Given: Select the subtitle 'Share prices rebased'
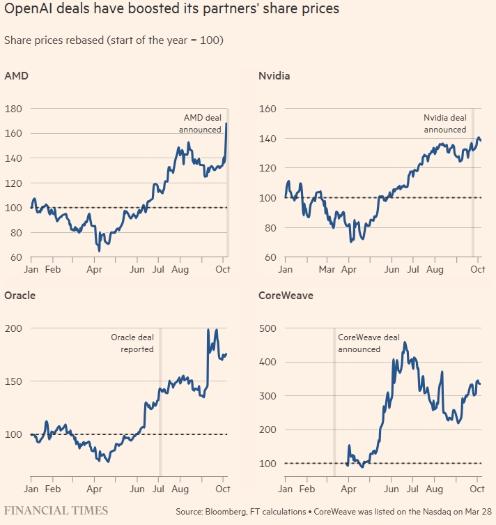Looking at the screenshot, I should [114, 40].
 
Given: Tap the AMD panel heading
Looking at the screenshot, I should [15, 76].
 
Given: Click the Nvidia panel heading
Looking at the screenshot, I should [274, 76].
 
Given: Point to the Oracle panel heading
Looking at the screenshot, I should [20, 295].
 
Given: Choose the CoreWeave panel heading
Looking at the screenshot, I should [286, 295].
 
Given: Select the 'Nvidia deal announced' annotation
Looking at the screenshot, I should [445, 123].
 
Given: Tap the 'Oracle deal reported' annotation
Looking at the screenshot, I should [132, 343].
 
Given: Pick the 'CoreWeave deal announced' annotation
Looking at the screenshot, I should [369, 343].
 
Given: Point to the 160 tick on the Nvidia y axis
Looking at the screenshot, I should [268, 109].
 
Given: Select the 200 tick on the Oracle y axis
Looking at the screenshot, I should [13, 328].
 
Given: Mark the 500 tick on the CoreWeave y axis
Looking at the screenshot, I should [268, 328].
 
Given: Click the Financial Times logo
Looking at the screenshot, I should [56, 511].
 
